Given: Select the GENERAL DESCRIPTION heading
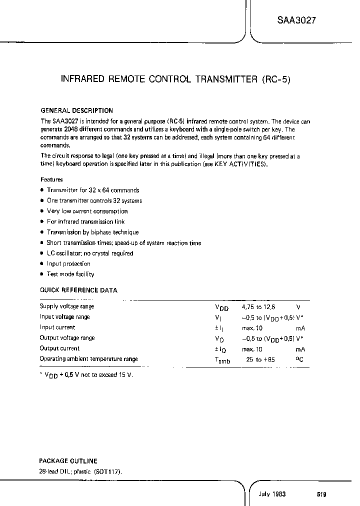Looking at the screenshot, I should pyautogui.click(x=76, y=110).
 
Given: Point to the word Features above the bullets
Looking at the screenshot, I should pyautogui.click(x=51, y=179).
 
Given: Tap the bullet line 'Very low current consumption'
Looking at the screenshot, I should pyautogui.click(x=87, y=211).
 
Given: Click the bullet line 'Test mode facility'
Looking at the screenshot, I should pyautogui.click(x=70, y=274).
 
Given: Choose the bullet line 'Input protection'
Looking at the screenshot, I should pyautogui.click(x=68, y=263).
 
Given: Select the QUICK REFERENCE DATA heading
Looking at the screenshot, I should pyautogui.click(x=78, y=290).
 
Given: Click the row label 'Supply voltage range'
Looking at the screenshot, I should pyautogui.click(x=67, y=306).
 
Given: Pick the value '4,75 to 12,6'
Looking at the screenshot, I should pyautogui.click(x=258, y=306).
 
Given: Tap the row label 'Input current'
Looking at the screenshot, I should pyautogui.click(x=57, y=327).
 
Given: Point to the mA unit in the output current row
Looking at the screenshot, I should pyautogui.click(x=300, y=349).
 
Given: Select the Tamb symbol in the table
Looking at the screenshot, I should pyautogui.click(x=222, y=360).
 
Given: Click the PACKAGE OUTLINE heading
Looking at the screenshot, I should pyautogui.click(x=68, y=461).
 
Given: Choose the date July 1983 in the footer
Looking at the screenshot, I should pyautogui.click(x=272, y=494).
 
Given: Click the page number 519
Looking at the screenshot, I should pyautogui.click(x=321, y=494).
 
